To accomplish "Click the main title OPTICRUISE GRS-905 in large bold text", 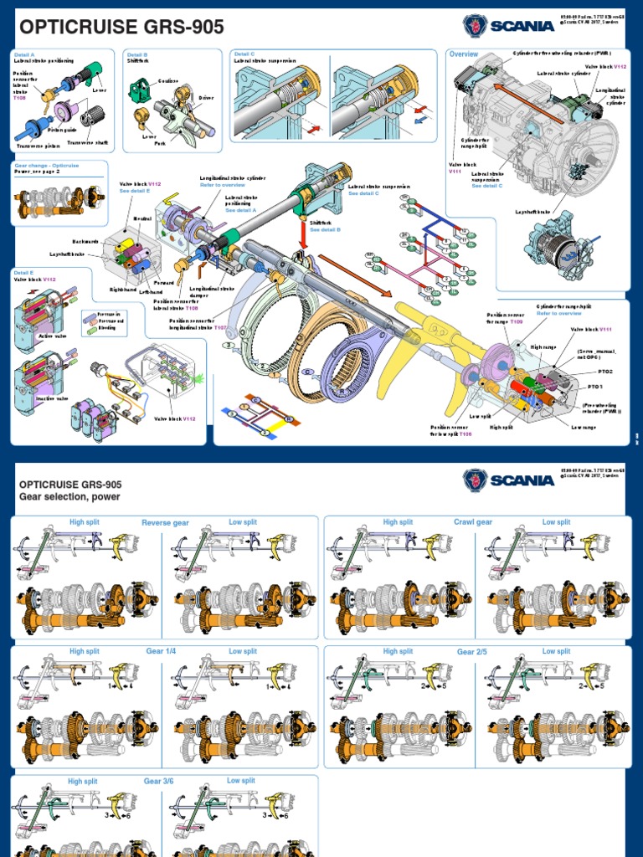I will pos(119,28).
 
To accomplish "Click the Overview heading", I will pos(463,54).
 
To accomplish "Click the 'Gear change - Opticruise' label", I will pos(45,166).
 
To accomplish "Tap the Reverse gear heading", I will pos(165,523).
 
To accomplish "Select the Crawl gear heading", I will pos(473,522).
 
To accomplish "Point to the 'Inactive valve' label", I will pos(52,398).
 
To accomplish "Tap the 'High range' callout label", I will pos(543,346).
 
